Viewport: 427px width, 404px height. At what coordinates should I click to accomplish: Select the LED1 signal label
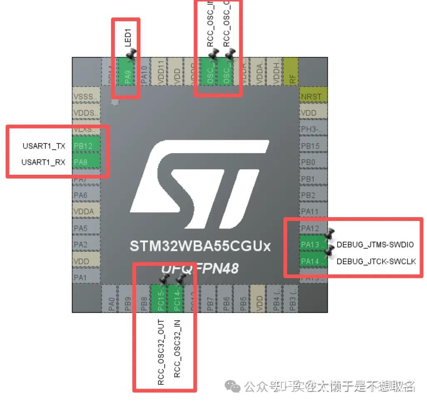coord(128,37)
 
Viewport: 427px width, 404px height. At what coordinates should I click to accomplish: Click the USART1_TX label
coord(44,146)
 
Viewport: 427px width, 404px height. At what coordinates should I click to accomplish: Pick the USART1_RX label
coord(43,162)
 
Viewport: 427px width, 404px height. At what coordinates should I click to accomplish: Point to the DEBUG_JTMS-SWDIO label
coord(375,245)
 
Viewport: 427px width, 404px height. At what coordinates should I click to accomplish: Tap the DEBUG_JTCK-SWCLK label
coord(376,261)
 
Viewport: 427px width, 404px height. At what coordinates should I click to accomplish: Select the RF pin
coord(291,72)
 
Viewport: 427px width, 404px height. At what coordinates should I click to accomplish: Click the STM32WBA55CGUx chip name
coord(200,246)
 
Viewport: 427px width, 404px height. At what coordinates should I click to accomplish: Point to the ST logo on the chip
coord(200,183)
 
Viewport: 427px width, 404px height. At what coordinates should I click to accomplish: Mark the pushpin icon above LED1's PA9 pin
coord(131,53)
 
